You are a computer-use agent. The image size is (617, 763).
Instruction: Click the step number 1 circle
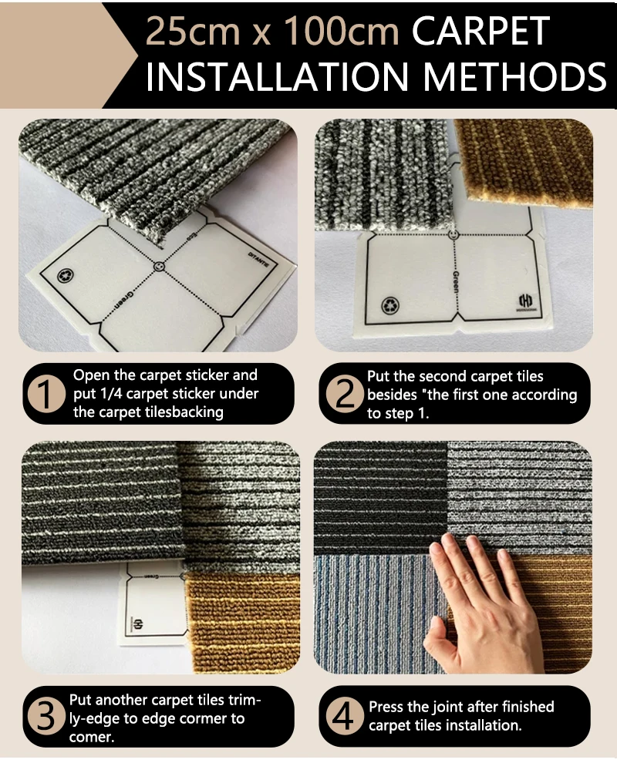(46, 394)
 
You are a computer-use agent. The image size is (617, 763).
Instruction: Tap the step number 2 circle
(344, 394)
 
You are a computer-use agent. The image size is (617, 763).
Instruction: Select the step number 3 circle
(46, 716)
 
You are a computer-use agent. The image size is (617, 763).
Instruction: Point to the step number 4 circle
(344, 716)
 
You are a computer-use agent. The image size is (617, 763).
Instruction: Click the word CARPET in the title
(480, 32)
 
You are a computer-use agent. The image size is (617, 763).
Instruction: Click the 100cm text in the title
(341, 32)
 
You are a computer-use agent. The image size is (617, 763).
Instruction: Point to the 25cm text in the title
(193, 32)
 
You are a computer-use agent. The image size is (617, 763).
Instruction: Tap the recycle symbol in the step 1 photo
(65, 276)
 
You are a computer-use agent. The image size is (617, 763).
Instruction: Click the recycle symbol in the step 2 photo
(389, 305)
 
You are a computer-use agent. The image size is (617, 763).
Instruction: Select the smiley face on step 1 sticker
(159, 267)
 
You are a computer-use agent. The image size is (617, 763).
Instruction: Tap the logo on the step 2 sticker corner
(524, 301)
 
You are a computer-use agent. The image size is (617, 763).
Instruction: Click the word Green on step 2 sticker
(455, 281)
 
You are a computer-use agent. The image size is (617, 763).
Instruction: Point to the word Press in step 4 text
(386, 707)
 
